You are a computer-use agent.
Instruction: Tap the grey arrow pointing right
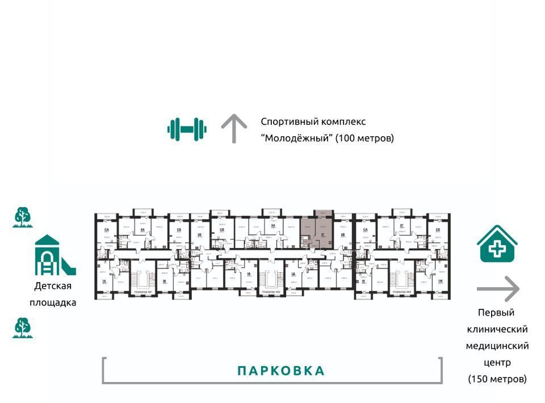pyautogui.click(x=498, y=289)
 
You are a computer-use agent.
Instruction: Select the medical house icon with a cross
pyautogui.click(x=497, y=245)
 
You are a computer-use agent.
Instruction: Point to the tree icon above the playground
pyautogui.click(x=23, y=217)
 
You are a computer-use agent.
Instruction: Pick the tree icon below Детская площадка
pyautogui.click(x=23, y=328)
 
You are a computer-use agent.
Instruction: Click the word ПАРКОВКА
pyautogui.click(x=281, y=371)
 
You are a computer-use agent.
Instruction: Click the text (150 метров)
pyautogui.click(x=497, y=379)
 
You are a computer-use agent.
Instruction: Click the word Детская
pyautogui.click(x=52, y=286)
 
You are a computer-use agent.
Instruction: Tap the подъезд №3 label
pyautogui.click(x=401, y=292)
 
